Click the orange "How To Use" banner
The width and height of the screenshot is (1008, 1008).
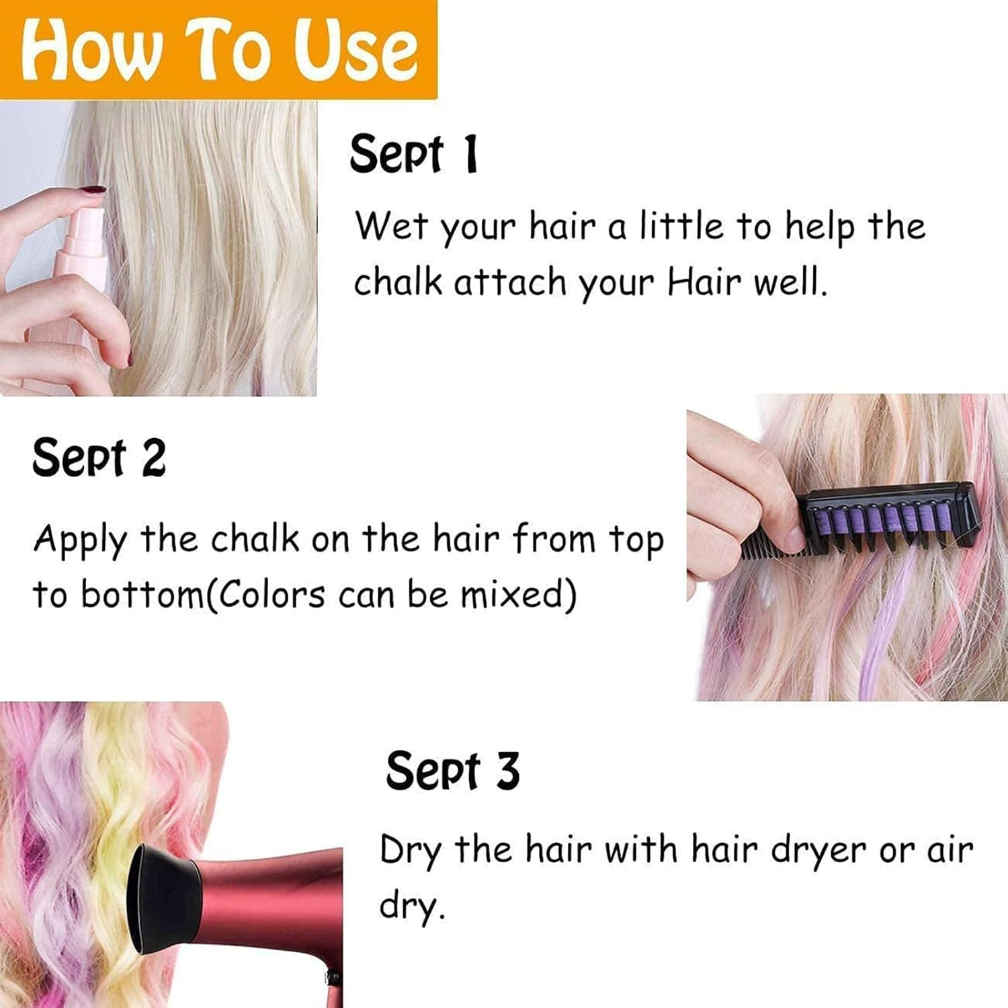218,50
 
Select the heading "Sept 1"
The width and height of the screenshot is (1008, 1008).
413,154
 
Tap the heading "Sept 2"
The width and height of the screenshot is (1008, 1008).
99,458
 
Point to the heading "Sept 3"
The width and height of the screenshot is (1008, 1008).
452,770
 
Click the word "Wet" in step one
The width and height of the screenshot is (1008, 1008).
391,226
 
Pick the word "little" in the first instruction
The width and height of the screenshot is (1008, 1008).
681,226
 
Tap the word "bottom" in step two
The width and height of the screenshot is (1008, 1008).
141,595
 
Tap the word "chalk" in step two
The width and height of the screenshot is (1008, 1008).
255,539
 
